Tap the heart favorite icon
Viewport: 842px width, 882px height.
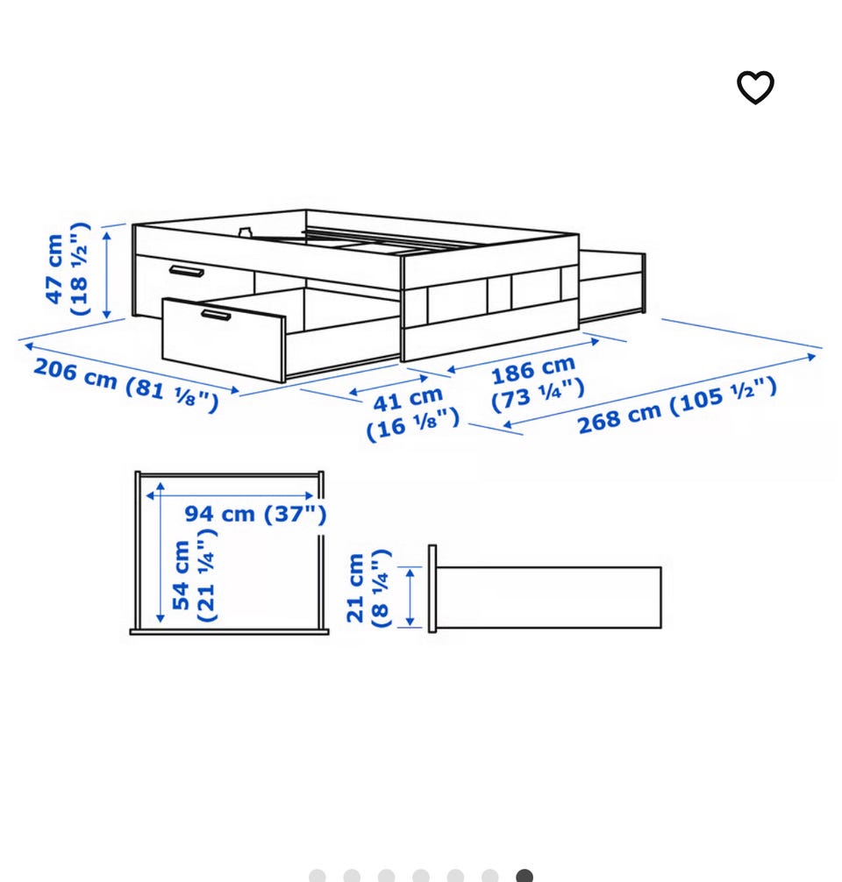pyautogui.click(x=755, y=87)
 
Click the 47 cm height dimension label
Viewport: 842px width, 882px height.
pyautogui.click(x=67, y=269)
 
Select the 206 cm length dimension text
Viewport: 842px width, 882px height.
pyautogui.click(x=125, y=385)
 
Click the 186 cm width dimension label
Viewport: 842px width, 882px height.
pyautogui.click(x=537, y=383)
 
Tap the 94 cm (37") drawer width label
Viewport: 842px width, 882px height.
pyautogui.click(x=255, y=514)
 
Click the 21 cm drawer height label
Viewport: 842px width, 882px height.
pyautogui.click(x=368, y=588)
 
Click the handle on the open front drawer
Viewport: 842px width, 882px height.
pyautogui.click(x=216, y=315)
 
